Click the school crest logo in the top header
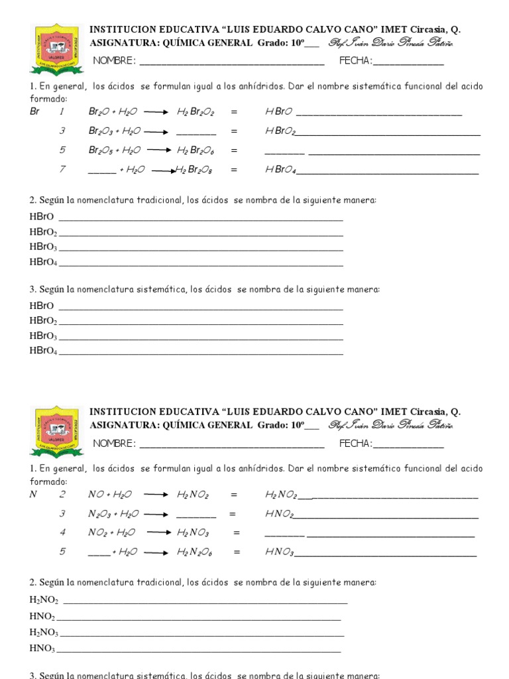click(x=56, y=50)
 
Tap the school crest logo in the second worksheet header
click(x=56, y=432)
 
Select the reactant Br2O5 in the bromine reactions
click(x=101, y=151)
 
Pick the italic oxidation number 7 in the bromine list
click(x=62, y=170)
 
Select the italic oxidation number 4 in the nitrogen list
click(x=62, y=532)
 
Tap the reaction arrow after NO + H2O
click(x=156, y=495)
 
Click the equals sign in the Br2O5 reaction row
click(x=233, y=151)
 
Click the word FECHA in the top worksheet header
click(x=355, y=62)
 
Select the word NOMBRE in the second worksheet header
click(x=114, y=444)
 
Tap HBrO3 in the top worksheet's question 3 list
click(x=43, y=336)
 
